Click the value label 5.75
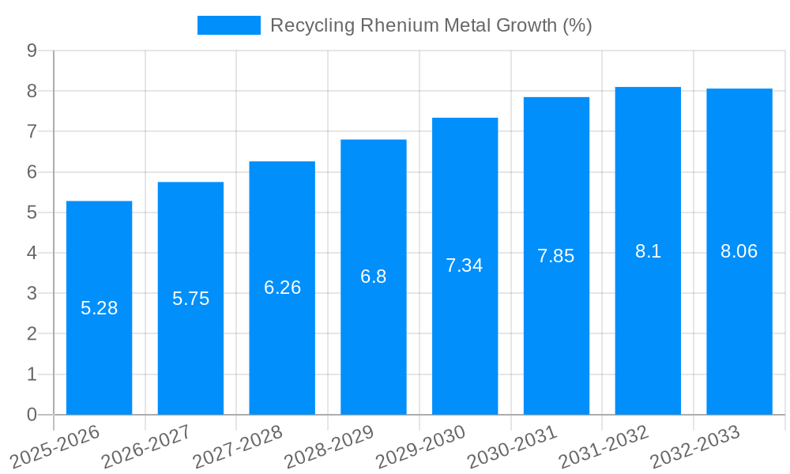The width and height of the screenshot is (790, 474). tap(190, 299)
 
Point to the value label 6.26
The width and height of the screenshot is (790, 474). tap(282, 288)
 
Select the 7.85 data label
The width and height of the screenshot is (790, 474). tap(555, 256)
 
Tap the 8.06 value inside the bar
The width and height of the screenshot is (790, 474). tap(739, 251)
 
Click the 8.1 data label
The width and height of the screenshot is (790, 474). tap(648, 251)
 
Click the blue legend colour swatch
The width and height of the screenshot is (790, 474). tap(228, 25)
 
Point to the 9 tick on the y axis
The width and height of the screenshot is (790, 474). tap(32, 51)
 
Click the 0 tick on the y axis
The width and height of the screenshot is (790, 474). tap(32, 415)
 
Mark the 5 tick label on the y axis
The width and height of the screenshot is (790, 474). tap(32, 213)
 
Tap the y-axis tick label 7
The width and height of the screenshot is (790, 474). tap(32, 131)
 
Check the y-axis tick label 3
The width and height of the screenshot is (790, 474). tap(32, 293)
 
